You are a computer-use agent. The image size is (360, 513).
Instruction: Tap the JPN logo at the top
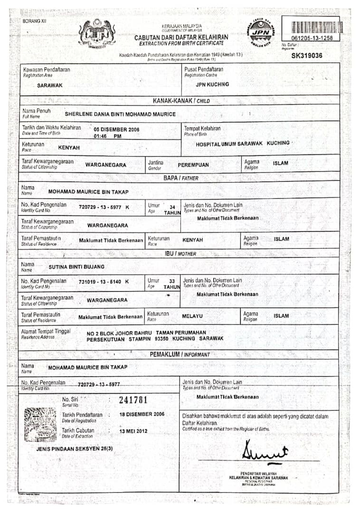click(x=261, y=32)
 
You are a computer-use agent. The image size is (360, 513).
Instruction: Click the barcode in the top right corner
click(x=312, y=27)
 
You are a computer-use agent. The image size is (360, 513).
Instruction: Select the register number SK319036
click(x=307, y=56)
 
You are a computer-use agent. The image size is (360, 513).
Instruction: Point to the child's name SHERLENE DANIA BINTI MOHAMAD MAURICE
click(x=120, y=114)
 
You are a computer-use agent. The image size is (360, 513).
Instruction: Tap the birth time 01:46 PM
click(x=107, y=136)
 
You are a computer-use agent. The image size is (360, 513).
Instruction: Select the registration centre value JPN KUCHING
click(x=212, y=84)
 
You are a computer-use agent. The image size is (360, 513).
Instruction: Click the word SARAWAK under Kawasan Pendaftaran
click(x=50, y=85)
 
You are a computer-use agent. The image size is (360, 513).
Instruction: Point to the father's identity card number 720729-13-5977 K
click(x=104, y=207)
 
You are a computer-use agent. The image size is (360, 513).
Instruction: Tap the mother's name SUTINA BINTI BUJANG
click(x=76, y=267)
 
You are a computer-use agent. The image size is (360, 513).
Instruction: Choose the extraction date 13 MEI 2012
click(x=134, y=431)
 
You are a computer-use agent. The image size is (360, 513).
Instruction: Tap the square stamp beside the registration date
click(x=40, y=425)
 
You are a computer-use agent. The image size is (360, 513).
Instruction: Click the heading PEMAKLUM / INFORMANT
click(x=180, y=354)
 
